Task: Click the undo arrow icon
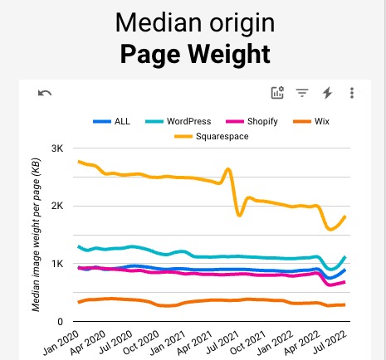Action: pyautogui.click(x=45, y=93)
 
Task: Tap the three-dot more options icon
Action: pyautogui.click(x=353, y=93)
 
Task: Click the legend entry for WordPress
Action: pyautogui.click(x=194, y=122)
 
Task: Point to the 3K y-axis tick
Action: pyautogui.click(x=57, y=148)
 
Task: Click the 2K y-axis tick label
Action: pyautogui.click(x=57, y=206)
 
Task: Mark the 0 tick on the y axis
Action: pyautogui.click(x=61, y=322)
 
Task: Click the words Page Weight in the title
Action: pyautogui.click(x=194, y=55)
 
